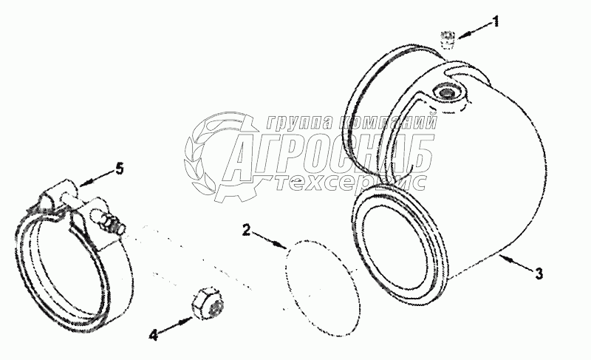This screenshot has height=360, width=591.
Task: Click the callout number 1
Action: (496, 21)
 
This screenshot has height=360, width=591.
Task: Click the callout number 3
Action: (539, 273)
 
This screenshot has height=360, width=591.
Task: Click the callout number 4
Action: (153, 335)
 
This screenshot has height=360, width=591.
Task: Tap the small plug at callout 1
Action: (447, 38)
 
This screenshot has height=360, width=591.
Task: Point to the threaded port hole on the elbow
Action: (447, 92)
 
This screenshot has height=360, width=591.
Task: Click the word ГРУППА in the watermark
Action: (295, 123)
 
